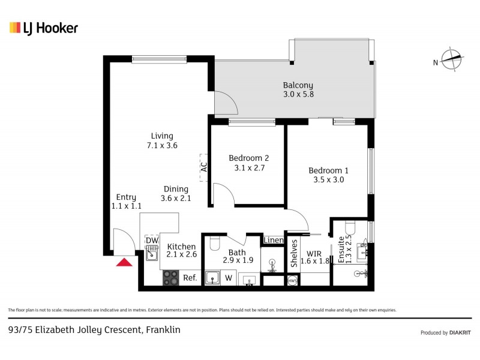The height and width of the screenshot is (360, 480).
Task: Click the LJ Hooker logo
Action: click(x=44, y=28)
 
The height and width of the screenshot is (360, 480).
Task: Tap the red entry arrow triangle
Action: click(x=125, y=262)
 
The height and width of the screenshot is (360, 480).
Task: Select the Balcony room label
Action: click(x=298, y=90)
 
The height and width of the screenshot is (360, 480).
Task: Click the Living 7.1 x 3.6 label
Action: click(x=162, y=140)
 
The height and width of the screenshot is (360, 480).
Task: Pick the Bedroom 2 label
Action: click(x=248, y=163)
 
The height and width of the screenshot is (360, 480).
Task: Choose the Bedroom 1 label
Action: click(x=328, y=175)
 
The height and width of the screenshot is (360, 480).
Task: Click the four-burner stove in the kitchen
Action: click(x=171, y=278)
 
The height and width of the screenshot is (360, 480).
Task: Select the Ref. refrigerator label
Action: click(x=190, y=278)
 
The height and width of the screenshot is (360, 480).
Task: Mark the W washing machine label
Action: click(x=229, y=278)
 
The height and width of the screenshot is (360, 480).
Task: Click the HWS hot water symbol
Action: click(x=292, y=281)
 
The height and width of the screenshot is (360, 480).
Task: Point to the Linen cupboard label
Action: click(x=273, y=241)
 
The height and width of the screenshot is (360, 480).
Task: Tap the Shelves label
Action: click(x=295, y=253)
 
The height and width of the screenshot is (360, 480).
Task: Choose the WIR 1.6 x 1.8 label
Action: click(x=315, y=257)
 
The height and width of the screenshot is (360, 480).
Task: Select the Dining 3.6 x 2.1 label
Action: click(x=175, y=194)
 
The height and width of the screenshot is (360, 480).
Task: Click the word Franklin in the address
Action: click(x=163, y=329)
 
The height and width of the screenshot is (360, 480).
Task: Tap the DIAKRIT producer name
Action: click(x=459, y=332)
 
